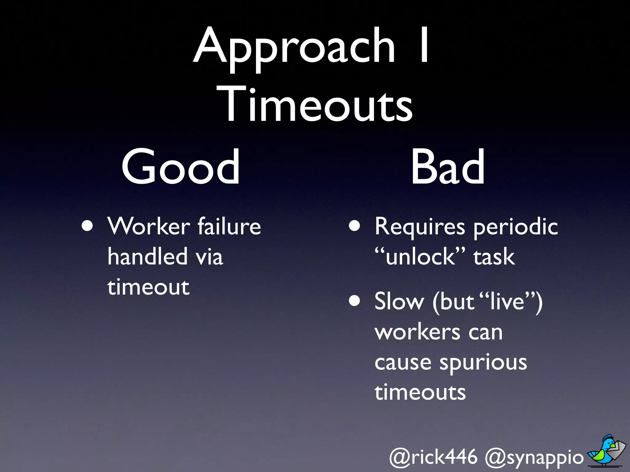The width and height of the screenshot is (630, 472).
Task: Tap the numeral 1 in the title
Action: [x=424, y=45]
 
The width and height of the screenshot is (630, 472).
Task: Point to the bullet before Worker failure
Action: [x=87, y=226]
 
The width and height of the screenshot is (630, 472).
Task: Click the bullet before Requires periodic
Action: [x=354, y=226]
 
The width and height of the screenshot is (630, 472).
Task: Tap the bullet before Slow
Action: [x=354, y=301]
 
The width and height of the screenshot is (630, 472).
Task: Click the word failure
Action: [x=229, y=226]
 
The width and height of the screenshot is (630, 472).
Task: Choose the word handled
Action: [x=147, y=256]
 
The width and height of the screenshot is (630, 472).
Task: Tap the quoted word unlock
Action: [x=420, y=256]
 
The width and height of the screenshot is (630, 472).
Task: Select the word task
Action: [x=494, y=257]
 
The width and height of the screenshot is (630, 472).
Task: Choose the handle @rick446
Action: [x=433, y=457]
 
